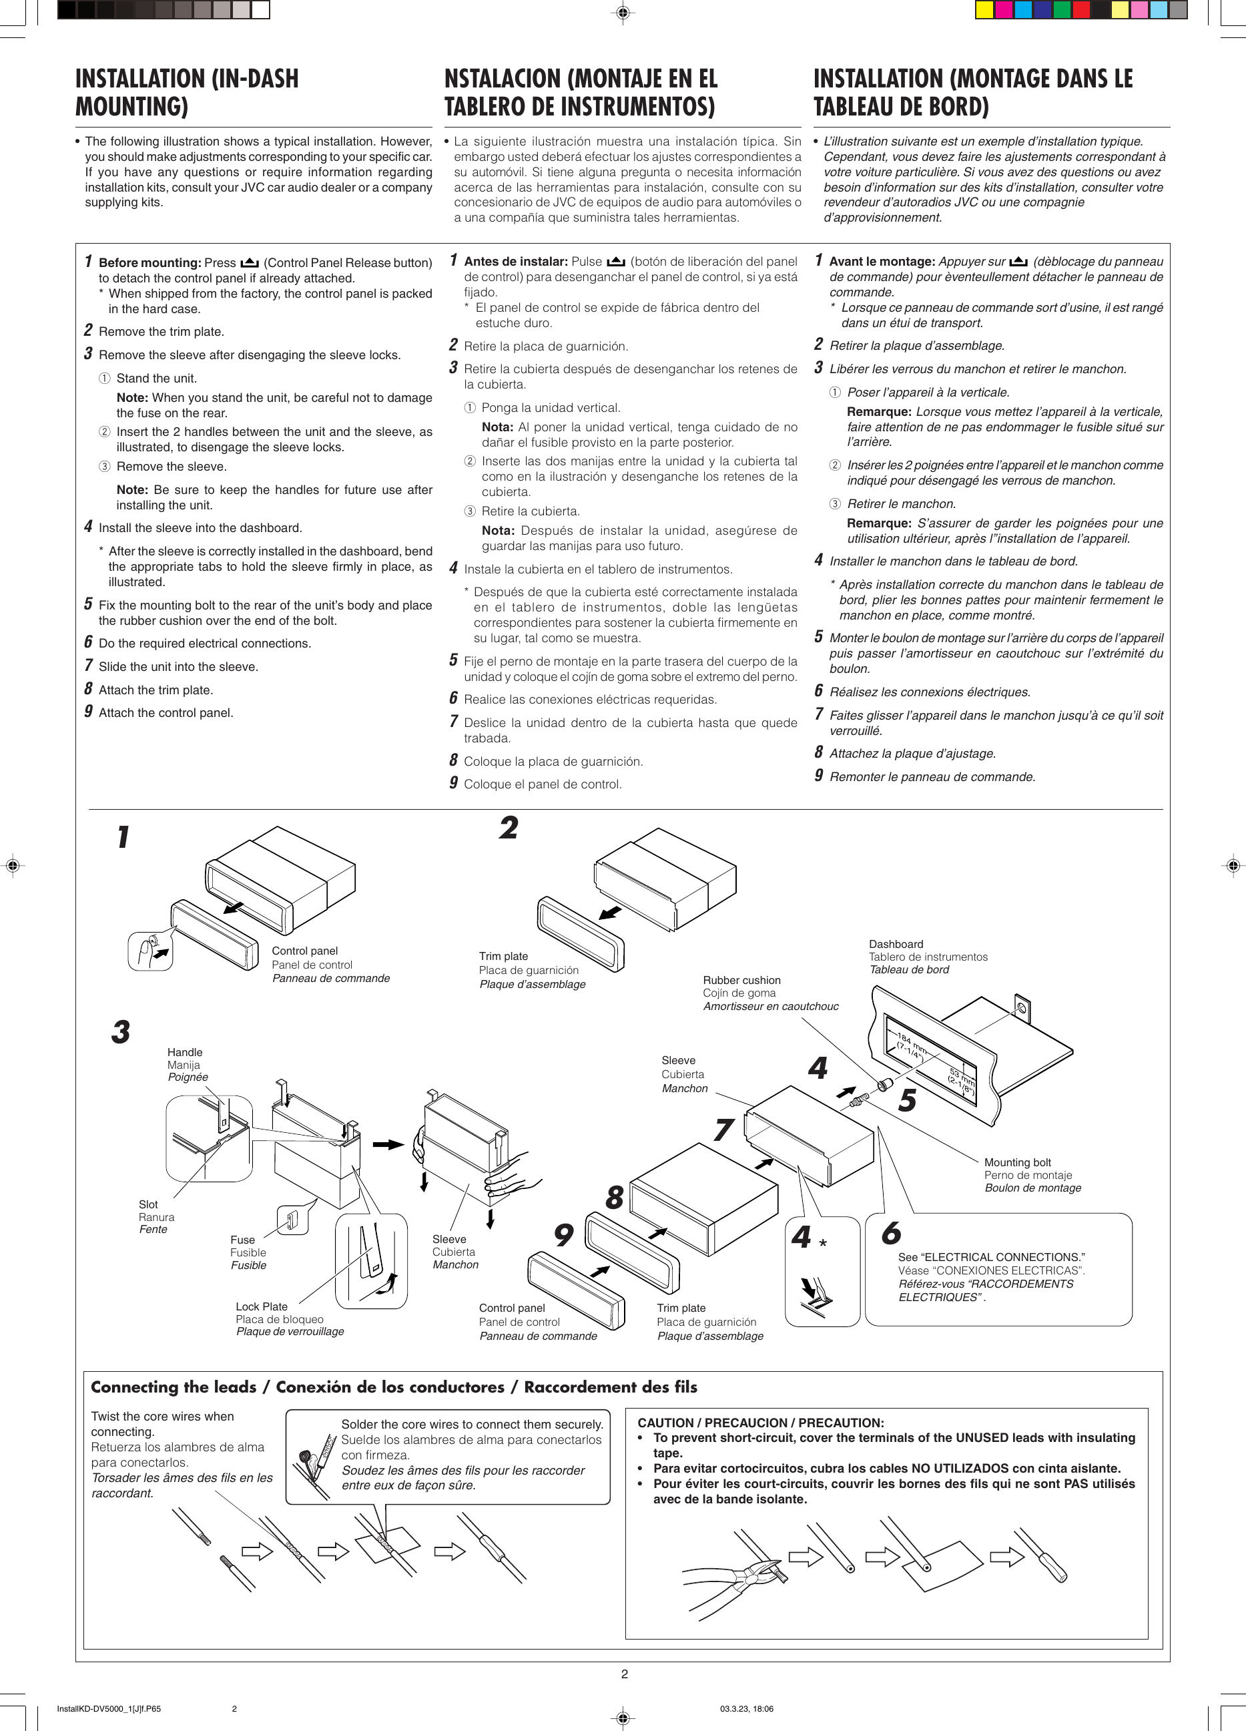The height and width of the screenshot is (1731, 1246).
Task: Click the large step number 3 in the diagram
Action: [121, 1032]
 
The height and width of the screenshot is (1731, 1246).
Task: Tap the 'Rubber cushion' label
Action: [741, 980]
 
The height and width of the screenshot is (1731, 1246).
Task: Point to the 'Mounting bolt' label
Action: [1017, 1162]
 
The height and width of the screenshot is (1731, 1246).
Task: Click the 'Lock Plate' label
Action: [261, 1306]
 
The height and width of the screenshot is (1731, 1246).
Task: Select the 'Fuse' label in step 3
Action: [243, 1240]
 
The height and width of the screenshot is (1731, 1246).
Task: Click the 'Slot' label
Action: [148, 1204]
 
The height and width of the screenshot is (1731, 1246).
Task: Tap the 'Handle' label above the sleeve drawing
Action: [185, 1053]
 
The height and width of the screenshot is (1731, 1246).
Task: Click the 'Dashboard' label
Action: [896, 944]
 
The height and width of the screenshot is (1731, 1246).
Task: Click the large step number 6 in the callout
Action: [891, 1234]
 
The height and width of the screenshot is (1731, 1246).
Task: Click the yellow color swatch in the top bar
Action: [984, 10]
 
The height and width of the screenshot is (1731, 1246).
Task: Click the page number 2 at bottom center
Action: [624, 1674]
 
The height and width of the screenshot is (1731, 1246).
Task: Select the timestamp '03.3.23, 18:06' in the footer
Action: [746, 1709]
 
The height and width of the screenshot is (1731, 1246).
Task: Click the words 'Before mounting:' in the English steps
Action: [149, 262]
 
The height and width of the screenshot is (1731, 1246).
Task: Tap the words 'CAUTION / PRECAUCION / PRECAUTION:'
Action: [760, 1423]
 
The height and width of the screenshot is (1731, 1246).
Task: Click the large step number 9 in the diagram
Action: [563, 1235]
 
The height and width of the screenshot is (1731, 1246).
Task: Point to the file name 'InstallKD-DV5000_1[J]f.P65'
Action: [108, 1709]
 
